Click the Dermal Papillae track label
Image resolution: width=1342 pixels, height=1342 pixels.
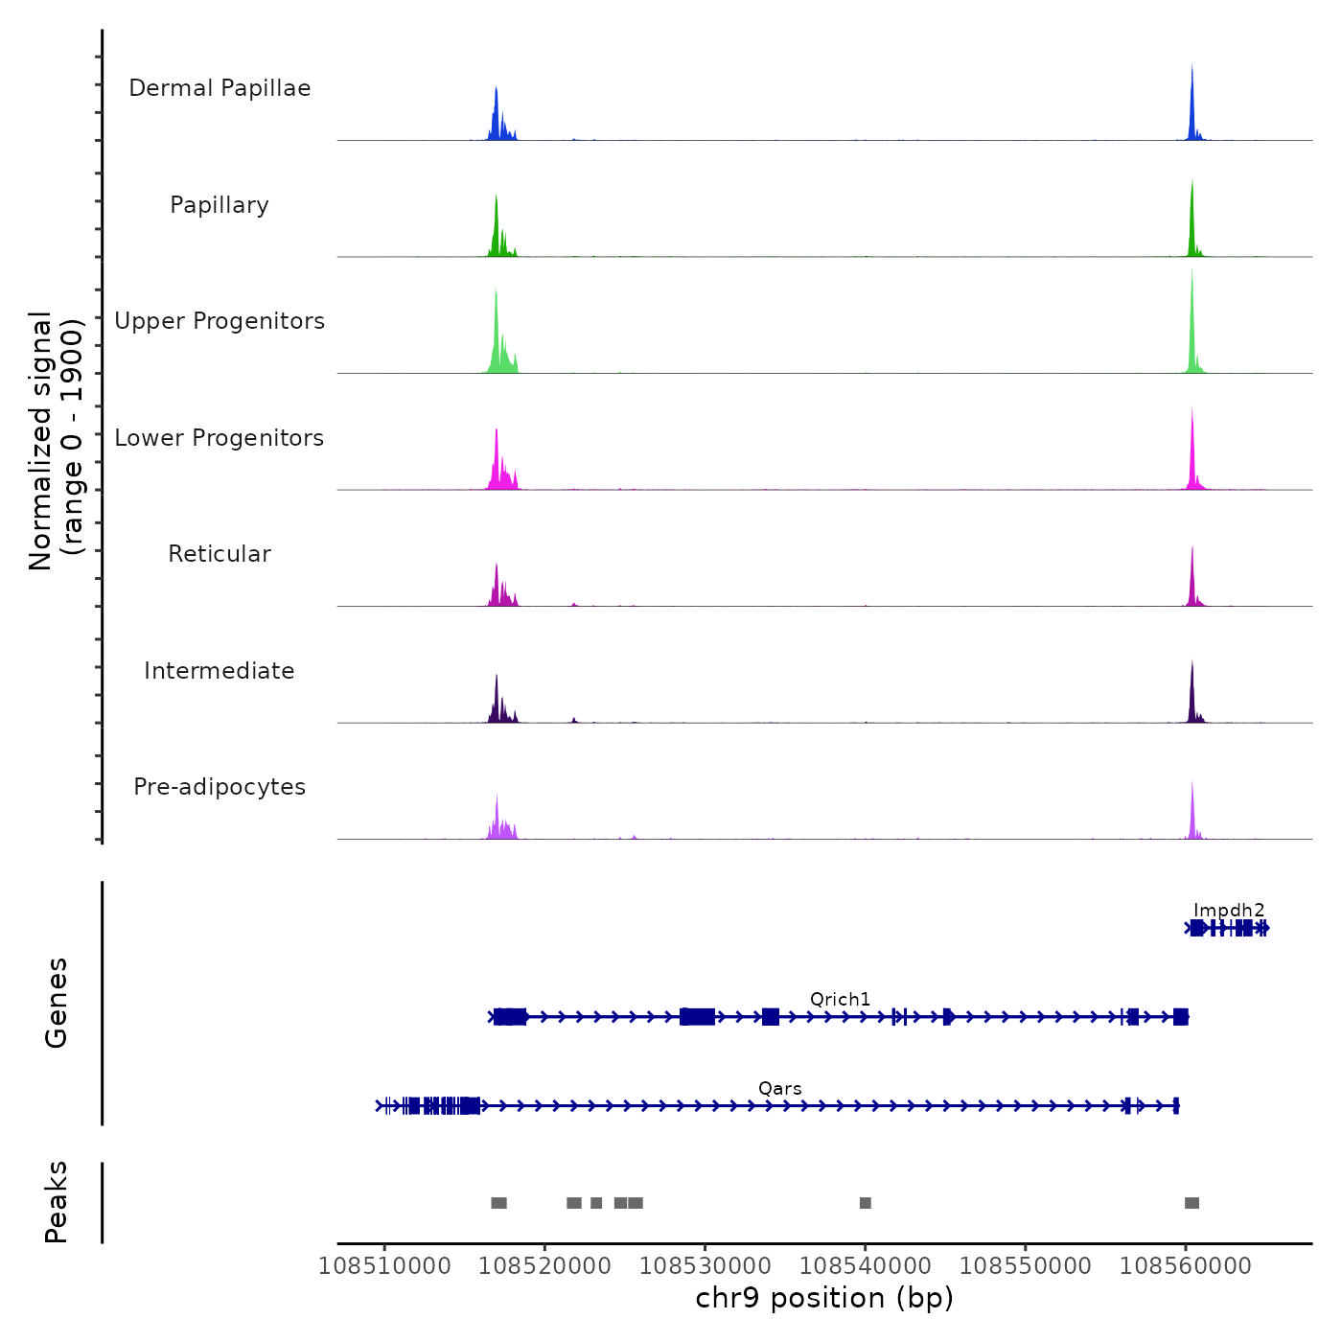[220, 88]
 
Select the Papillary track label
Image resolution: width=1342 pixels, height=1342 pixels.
[220, 205]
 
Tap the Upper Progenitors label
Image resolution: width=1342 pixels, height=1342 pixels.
[220, 321]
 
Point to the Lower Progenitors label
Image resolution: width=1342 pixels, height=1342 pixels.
[220, 438]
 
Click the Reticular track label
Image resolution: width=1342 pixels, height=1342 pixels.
[220, 554]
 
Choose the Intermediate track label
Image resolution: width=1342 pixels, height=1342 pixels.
[220, 671]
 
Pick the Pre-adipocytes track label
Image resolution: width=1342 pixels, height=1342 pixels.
[220, 787]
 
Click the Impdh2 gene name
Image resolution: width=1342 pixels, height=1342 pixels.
[1229, 910]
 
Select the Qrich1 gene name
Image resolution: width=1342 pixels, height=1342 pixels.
[840, 999]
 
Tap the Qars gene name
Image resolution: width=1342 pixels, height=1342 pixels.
[779, 1088]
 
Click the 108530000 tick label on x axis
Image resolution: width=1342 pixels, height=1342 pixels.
[705, 1265]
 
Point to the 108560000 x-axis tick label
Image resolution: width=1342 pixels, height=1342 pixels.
[1186, 1265]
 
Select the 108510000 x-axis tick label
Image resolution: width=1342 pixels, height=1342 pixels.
[384, 1265]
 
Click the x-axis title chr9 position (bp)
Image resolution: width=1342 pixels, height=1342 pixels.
[824, 1298]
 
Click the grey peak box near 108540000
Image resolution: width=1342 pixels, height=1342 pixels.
[866, 1203]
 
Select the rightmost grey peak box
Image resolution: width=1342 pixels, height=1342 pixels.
[1192, 1203]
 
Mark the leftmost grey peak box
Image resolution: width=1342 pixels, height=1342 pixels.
[498, 1203]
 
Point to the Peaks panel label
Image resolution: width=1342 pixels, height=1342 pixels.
[56, 1202]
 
